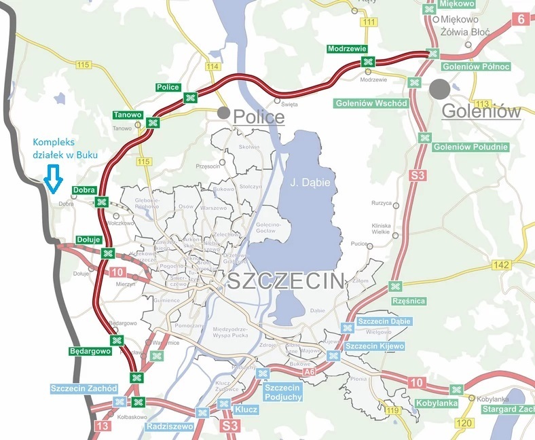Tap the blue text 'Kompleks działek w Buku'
pos(65,149)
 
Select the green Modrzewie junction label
pos(346,49)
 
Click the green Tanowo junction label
pos(128,114)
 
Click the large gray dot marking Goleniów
pos(439,88)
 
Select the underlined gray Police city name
pos(259,117)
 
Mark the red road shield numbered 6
pos(521,19)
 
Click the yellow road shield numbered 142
pos(502,265)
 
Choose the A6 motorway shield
pos(310,371)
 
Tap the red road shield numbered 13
pos(103,426)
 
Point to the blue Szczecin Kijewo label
pos(375,346)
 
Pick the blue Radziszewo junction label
pos(170,426)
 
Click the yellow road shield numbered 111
pos(369,22)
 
